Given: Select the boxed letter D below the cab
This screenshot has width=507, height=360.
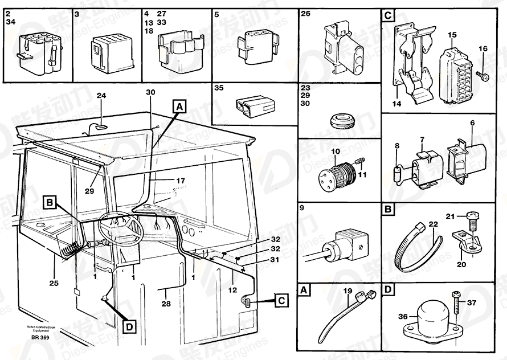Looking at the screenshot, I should point(130,326).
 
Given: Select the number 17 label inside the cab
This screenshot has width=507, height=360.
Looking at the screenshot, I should point(180,181).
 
